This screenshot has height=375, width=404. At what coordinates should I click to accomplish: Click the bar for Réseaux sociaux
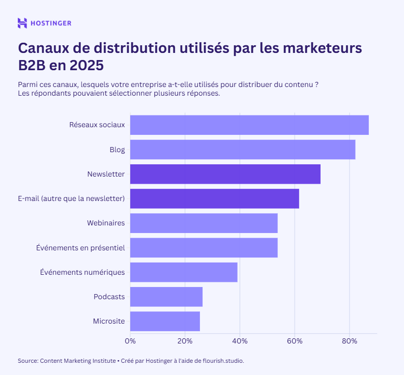pos(249,125)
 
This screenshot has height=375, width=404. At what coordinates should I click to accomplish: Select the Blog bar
pos(243,150)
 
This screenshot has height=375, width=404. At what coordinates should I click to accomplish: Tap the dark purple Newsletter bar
pos(225,174)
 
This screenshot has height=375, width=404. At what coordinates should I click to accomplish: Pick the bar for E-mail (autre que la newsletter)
pos(214,198)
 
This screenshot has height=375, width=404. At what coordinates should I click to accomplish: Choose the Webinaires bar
pos(204,223)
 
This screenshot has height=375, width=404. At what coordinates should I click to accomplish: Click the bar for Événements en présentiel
pos(204,247)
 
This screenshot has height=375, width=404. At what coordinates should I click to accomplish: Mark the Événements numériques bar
pos(184,272)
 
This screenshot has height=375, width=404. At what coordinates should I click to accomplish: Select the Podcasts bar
pos(166,297)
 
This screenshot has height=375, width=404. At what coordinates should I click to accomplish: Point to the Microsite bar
pos(165,321)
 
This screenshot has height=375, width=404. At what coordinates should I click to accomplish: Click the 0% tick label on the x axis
pos(130,340)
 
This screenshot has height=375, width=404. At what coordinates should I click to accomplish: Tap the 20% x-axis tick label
pos(185,340)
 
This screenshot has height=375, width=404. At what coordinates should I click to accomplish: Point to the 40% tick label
pos(240,340)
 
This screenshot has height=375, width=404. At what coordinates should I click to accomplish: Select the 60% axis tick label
pos(295,340)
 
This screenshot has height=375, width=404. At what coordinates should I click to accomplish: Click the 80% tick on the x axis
pos(349,340)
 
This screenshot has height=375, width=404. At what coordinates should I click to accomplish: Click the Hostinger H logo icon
pos(22,23)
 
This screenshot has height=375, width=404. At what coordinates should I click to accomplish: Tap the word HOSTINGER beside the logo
pos(51,23)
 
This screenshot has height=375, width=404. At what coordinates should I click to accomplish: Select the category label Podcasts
pos(109,297)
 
